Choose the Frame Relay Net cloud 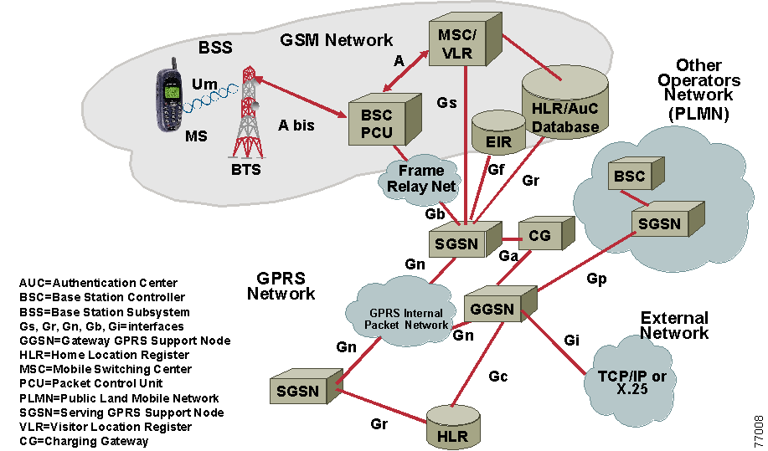(x=422, y=179)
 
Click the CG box (x=541, y=237)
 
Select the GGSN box (x=493, y=309)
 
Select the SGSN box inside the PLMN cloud (x=659, y=223)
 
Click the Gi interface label (x=571, y=341)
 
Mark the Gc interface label (x=498, y=377)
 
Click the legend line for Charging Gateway (x=84, y=441)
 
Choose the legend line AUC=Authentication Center (x=98, y=283)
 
